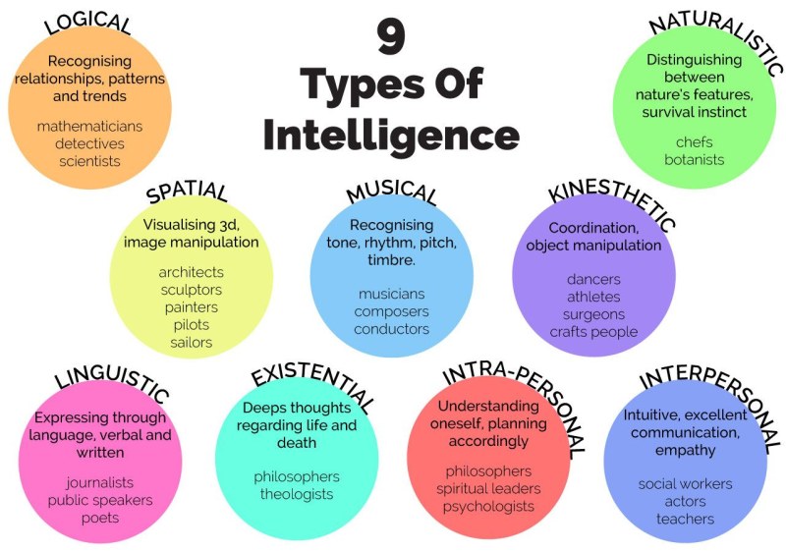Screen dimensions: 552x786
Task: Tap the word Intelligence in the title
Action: (x=391, y=133)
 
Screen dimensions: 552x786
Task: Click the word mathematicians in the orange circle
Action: (x=89, y=126)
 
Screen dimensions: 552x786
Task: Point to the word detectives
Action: (x=89, y=143)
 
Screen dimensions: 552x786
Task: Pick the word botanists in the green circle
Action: (x=695, y=159)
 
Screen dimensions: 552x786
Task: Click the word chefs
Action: (x=695, y=142)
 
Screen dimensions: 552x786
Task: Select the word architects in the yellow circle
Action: (x=191, y=272)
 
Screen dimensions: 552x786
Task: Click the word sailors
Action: (x=191, y=343)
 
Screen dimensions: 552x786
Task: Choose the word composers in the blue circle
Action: (x=392, y=311)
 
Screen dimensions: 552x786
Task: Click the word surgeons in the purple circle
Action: (x=592, y=314)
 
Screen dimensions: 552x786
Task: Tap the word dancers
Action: (x=593, y=279)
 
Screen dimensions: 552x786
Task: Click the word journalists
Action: (x=99, y=482)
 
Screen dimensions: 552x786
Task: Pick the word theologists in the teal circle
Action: (x=296, y=494)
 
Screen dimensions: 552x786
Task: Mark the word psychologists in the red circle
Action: (x=488, y=507)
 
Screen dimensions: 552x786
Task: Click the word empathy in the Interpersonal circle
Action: (x=685, y=450)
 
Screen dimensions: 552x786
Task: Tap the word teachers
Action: (x=685, y=519)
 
